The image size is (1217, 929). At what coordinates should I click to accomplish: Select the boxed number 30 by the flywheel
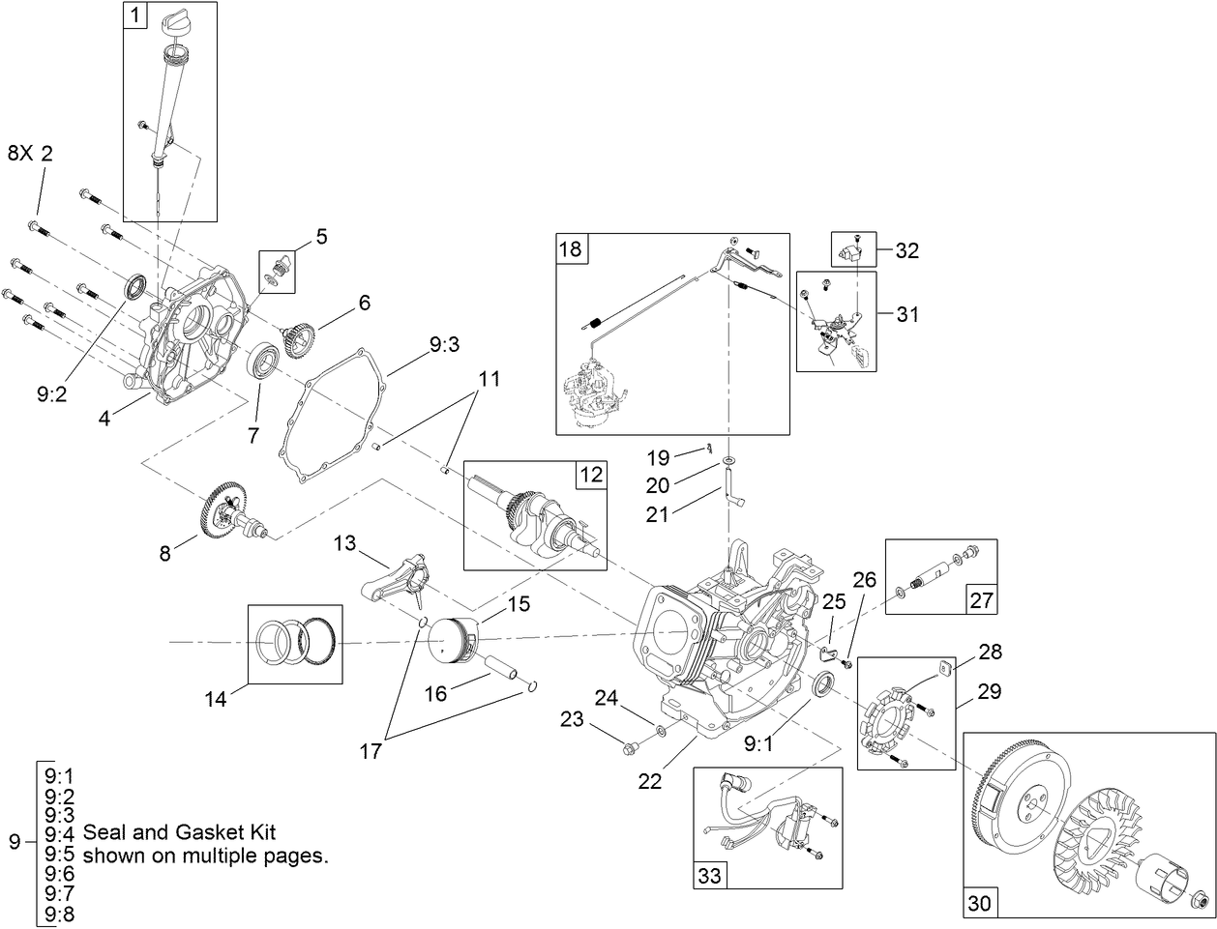[x=979, y=904]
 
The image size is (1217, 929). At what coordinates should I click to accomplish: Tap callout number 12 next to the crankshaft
[x=591, y=475]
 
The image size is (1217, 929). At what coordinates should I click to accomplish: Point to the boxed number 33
[x=709, y=876]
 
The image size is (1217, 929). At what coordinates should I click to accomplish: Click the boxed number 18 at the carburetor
[x=571, y=247]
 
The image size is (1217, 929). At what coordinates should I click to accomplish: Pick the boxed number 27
[x=981, y=600]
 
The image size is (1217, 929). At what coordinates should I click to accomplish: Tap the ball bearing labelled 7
[x=263, y=363]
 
